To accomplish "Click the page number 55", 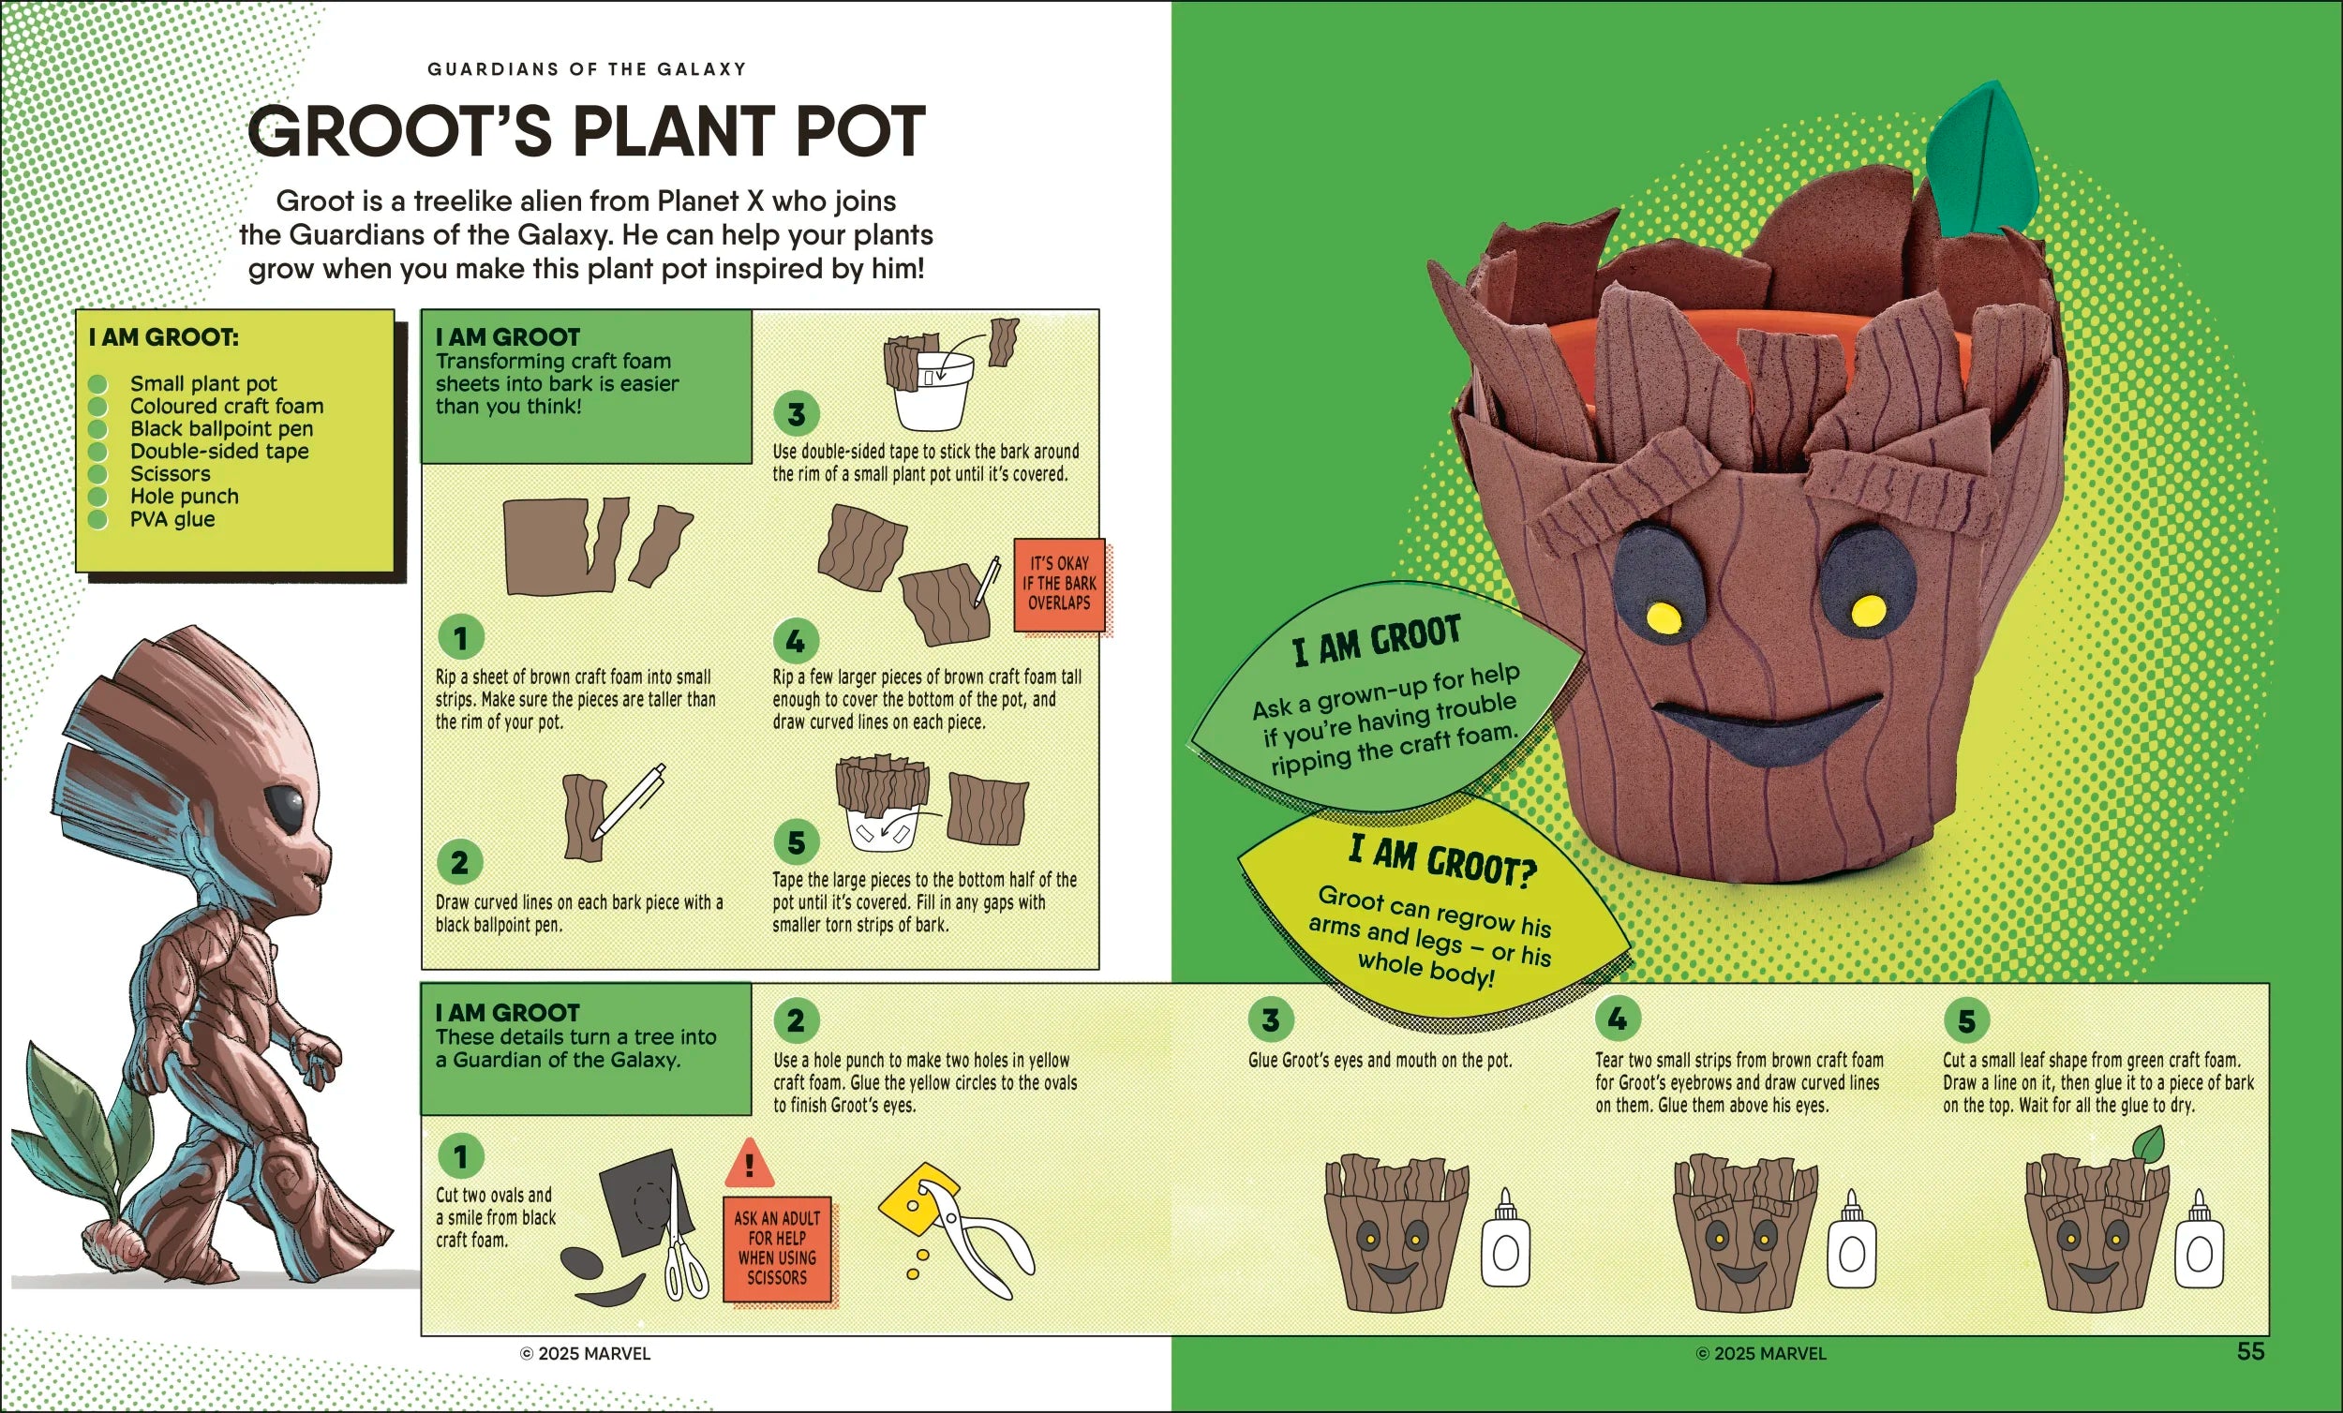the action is (x=2250, y=1351).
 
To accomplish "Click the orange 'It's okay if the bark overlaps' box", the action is (x=1059, y=584).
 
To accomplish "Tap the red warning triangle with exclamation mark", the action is (x=750, y=1162).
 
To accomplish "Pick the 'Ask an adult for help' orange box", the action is (x=777, y=1248).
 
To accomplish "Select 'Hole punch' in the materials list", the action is (x=185, y=497).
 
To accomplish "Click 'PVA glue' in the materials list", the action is (x=172, y=519).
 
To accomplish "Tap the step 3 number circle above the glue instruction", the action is (x=1271, y=1020).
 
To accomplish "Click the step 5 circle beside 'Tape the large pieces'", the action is (x=796, y=841).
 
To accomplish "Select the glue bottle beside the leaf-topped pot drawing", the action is (x=2200, y=1239).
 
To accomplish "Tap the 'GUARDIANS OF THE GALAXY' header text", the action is (x=587, y=69).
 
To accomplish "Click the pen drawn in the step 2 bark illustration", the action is (x=630, y=800).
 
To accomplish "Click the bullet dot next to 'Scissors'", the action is (x=97, y=474).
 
